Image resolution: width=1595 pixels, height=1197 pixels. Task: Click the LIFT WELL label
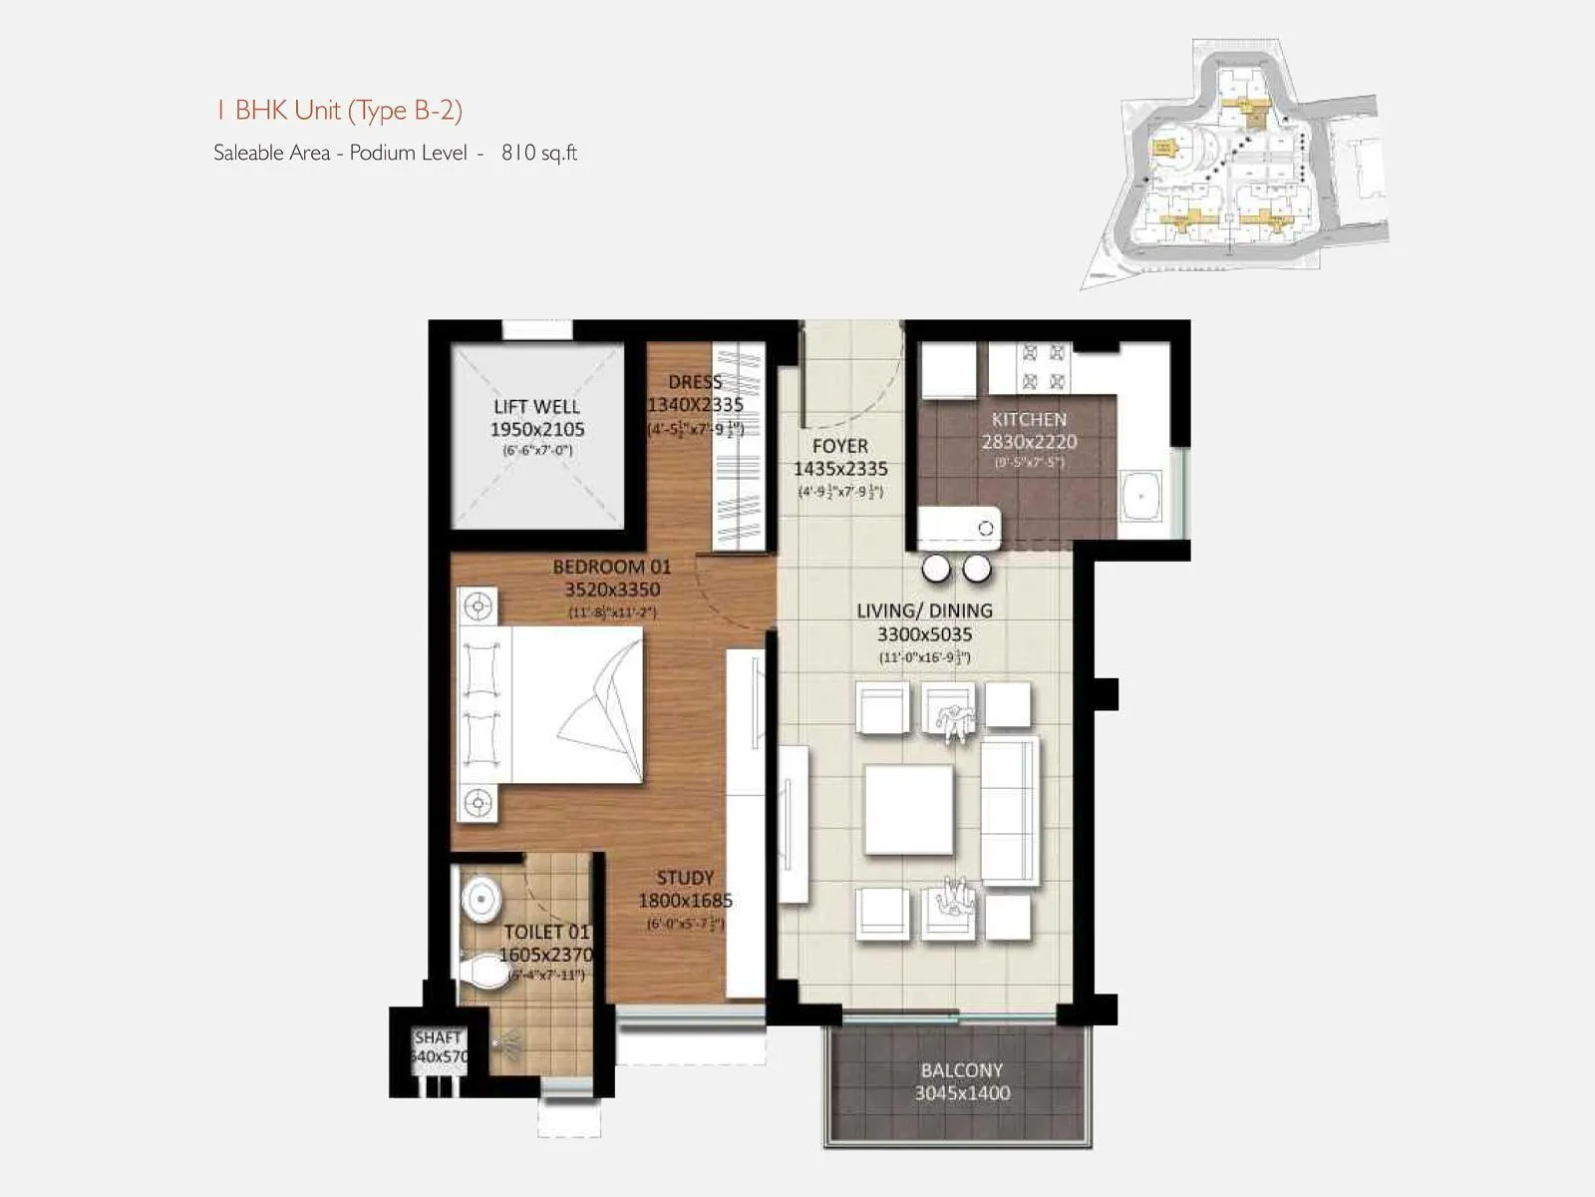[x=536, y=406]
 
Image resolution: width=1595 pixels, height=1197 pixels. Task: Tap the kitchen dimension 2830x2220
[x=1029, y=442]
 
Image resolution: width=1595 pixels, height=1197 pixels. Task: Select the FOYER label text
[x=839, y=446]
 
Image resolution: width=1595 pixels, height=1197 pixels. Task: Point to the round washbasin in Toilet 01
[x=480, y=899]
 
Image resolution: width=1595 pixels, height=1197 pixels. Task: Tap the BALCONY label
[x=961, y=1070]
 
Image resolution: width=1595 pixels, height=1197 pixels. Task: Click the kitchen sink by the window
[x=1138, y=496]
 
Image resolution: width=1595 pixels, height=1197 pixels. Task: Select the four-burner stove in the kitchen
[x=1043, y=367]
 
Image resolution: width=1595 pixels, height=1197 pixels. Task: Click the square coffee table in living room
[x=908, y=809]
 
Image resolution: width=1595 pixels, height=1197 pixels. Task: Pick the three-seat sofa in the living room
[x=1010, y=811]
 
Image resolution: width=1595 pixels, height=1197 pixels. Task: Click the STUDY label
[x=685, y=878]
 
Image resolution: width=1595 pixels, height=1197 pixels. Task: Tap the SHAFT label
[x=438, y=1038]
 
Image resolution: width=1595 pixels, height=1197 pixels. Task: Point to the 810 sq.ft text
[x=539, y=153]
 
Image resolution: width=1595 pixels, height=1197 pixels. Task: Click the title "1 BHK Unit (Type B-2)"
[x=338, y=110]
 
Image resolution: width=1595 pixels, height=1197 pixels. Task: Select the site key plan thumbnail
[x=1236, y=165]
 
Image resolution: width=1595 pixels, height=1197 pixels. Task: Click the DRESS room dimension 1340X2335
[x=695, y=405]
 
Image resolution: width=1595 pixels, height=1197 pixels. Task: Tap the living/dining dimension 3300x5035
[x=924, y=634]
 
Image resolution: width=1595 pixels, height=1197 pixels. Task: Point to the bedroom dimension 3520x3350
[x=612, y=590]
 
